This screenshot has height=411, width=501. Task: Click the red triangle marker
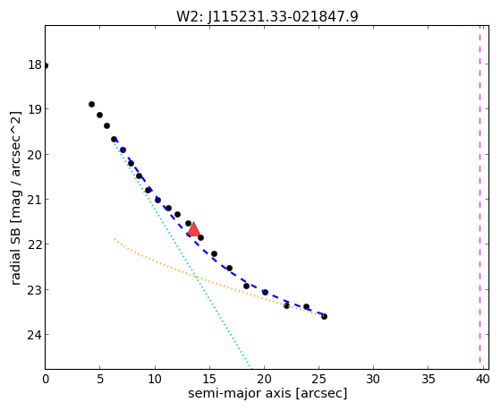(193, 229)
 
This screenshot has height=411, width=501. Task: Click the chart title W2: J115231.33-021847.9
(267, 17)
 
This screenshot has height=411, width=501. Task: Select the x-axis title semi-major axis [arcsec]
(267, 393)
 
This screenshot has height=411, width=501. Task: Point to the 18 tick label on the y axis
(35, 65)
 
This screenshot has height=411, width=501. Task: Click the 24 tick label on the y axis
(35, 335)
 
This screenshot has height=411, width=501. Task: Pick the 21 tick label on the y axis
(35, 200)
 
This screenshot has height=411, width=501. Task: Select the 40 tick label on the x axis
(482, 380)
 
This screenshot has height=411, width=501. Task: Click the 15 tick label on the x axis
(209, 380)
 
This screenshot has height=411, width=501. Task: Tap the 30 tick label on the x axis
(373, 380)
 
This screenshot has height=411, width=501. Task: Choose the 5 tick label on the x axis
(100, 380)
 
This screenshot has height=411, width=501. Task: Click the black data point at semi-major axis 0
(46, 66)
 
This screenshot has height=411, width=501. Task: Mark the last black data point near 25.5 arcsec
(324, 316)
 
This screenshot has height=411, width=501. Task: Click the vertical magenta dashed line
(480, 194)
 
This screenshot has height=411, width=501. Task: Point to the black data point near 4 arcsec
(91, 104)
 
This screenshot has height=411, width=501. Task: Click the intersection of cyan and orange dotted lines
(196, 277)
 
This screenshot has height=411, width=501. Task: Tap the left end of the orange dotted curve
(115, 239)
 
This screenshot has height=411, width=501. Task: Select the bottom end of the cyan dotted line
(251, 368)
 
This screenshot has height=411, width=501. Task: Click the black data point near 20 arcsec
(265, 292)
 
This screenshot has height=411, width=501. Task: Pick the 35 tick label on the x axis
(428, 380)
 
